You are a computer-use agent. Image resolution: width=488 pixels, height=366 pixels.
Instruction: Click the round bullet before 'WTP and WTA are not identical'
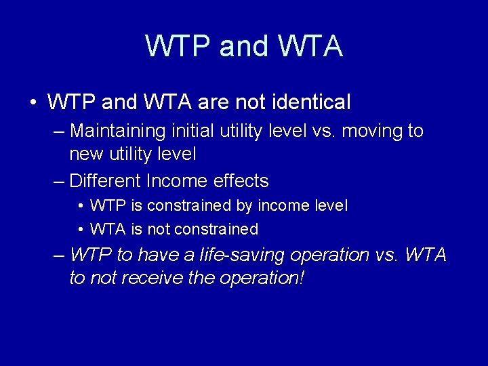pyautogui.click(x=33, y=103)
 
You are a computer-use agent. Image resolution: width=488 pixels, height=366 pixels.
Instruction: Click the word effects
pyautogui.click(x=241, y=181)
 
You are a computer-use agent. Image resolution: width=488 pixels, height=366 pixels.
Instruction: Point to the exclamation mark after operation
pyautogui.click(x=300, y=278)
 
